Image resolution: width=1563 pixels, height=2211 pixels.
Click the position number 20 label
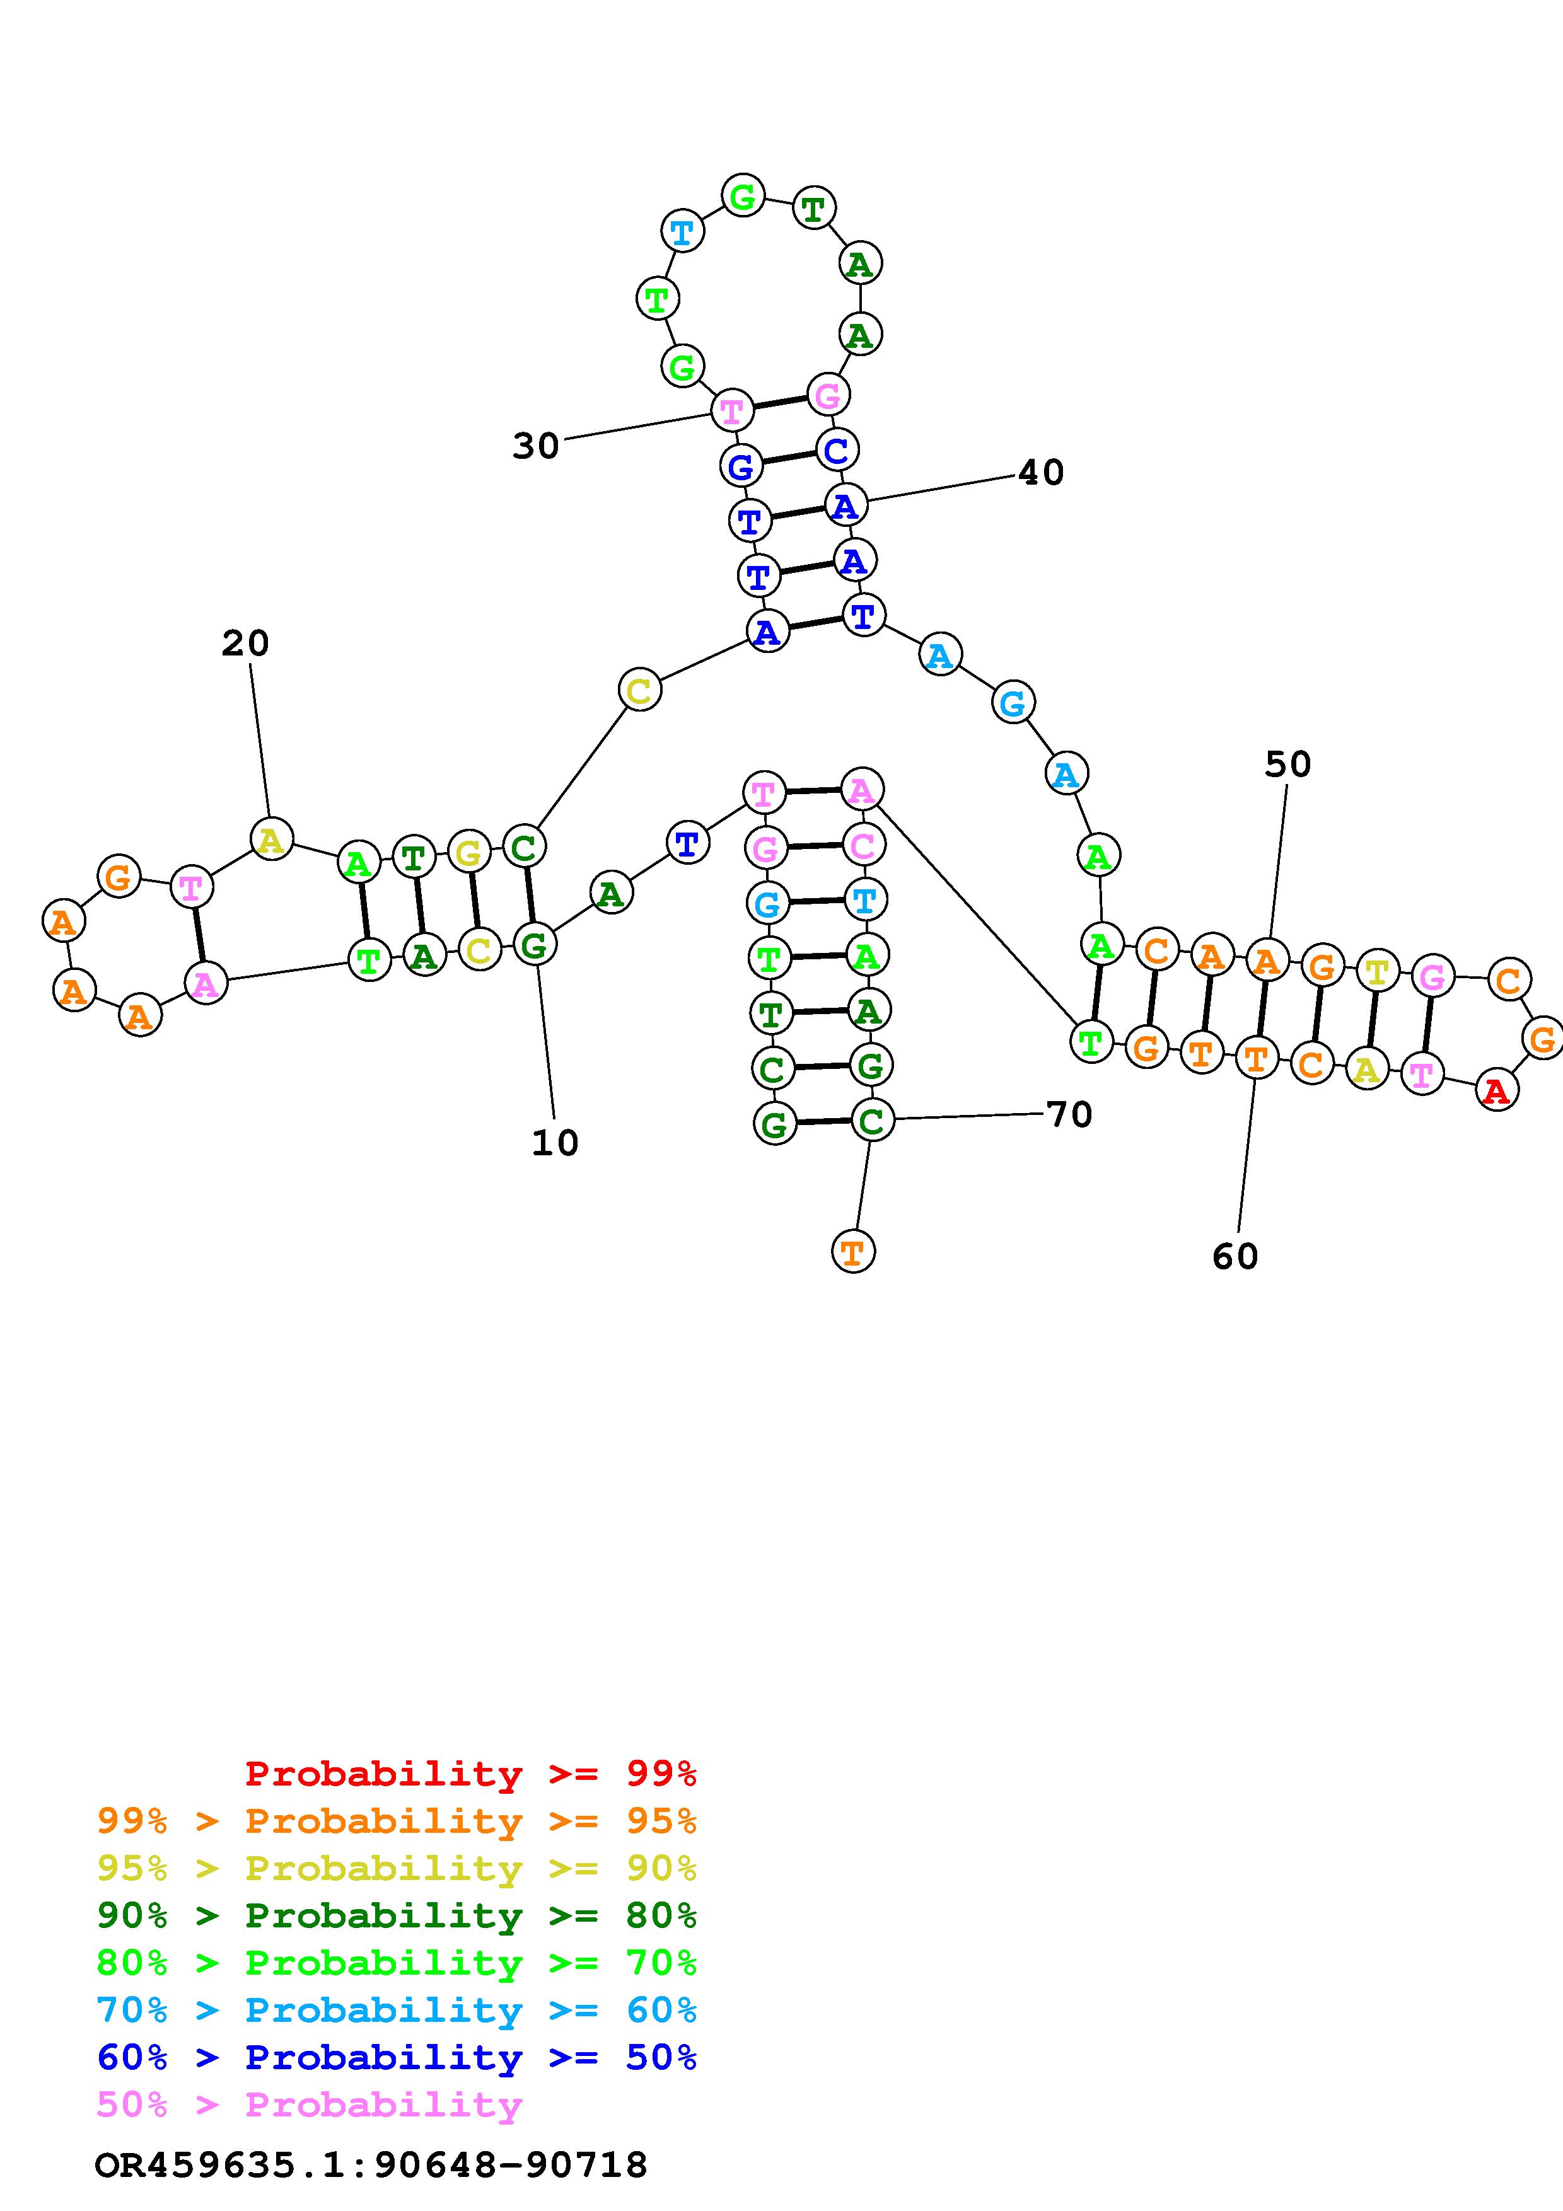245,644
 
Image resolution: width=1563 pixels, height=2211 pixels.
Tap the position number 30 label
535,446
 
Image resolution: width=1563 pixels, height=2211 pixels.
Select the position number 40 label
1041,473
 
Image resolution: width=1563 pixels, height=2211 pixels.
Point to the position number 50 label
1287,765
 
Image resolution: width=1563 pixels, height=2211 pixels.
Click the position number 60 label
1235,1257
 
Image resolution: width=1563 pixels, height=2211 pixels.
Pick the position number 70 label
1069,1115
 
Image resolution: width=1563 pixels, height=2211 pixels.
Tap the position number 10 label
555,1143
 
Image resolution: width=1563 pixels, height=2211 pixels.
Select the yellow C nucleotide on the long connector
639,690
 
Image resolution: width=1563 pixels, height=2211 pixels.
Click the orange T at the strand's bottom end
852,1252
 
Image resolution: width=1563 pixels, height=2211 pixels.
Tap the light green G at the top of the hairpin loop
743,197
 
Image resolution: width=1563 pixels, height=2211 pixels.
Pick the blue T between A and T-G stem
687,843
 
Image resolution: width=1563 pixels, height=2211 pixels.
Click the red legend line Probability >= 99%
470,1774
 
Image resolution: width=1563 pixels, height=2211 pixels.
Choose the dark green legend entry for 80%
397,1916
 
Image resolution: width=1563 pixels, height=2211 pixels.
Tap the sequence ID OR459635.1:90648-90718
371,2166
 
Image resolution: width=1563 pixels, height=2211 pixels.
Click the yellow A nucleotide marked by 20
272,840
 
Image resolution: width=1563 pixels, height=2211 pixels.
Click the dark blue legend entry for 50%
397,2058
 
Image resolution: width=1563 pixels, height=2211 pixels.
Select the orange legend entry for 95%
397,1821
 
